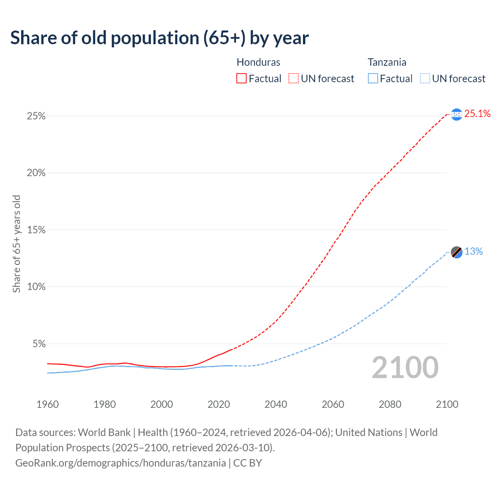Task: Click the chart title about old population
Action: point(159,38)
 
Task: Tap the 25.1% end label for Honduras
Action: point(477,114)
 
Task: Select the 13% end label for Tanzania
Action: point(474,252)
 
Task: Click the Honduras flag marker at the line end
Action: point(456,114)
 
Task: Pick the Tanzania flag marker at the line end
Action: point(456,252)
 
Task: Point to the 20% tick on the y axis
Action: point(36,173)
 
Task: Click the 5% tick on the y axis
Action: point(39,344)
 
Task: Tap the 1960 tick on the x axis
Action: point(47,404)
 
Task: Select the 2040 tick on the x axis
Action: point(276,404)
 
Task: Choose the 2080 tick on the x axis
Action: point(390,404)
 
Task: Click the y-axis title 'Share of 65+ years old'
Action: point(16,244)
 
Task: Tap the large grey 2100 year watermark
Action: point(405,368)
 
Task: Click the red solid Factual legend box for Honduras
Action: point(241,79)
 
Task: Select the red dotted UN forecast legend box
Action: point(294,79)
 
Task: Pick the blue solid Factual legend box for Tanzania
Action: point(373,79)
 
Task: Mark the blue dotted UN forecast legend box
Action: point(425,79)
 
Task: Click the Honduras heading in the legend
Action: point(258,62)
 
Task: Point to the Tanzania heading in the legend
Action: point(387,62)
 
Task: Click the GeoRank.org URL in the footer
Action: point(121,463)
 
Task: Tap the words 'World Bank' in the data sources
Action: point(104,433)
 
